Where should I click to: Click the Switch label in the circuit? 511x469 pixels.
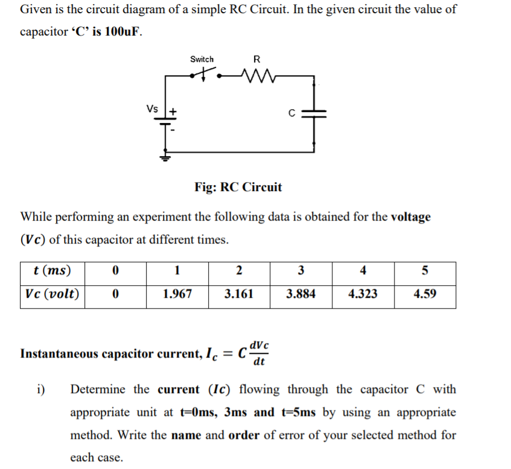pos(202,59)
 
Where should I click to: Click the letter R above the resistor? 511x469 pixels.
pos(257,59)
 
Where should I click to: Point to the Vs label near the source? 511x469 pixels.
pos(153,109)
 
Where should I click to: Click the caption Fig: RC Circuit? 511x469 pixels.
pos(238,187)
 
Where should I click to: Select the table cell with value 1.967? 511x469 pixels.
pos(177,294)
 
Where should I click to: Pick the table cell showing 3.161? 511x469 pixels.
pos(239,294)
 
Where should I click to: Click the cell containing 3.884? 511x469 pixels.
pos(300,294)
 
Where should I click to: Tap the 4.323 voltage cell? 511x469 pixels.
pos(363,294)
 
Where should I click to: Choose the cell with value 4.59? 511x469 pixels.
pos(425,294)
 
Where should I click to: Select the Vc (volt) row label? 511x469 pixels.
pos(52,294)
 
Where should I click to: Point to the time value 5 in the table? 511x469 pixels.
pos(425,270)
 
